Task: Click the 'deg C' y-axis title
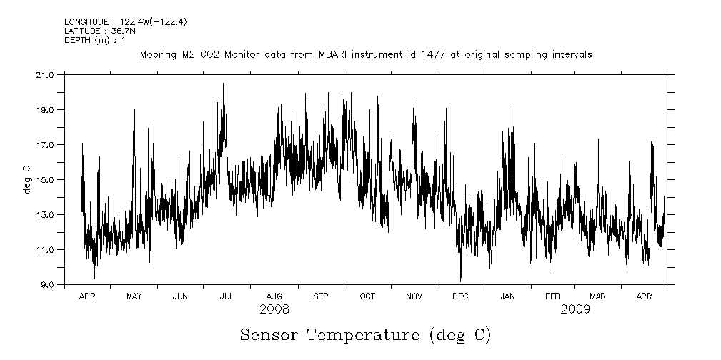26,179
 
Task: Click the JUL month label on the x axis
227,296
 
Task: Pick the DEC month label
460,296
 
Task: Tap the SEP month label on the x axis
320,296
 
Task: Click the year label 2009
575,309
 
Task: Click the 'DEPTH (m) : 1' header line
95,40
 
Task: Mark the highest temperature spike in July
223,84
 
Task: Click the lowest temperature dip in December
461,280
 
